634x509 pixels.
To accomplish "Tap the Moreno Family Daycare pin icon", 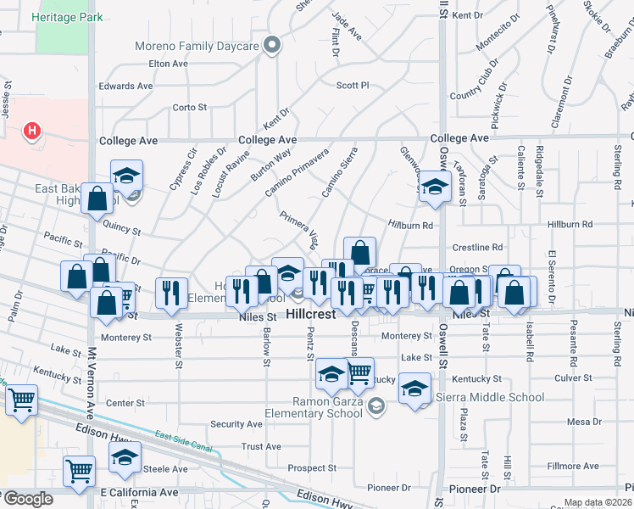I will click(271, 45).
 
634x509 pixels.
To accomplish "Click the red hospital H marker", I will click(32, 131).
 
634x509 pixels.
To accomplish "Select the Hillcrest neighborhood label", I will click(312, 314).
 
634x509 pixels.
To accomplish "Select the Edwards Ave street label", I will click(125, 86).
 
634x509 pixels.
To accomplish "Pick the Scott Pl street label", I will click(353, 86).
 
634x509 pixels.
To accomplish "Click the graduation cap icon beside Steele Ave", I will click(125, 457).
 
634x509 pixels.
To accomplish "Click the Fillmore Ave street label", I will click(573, 466).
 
